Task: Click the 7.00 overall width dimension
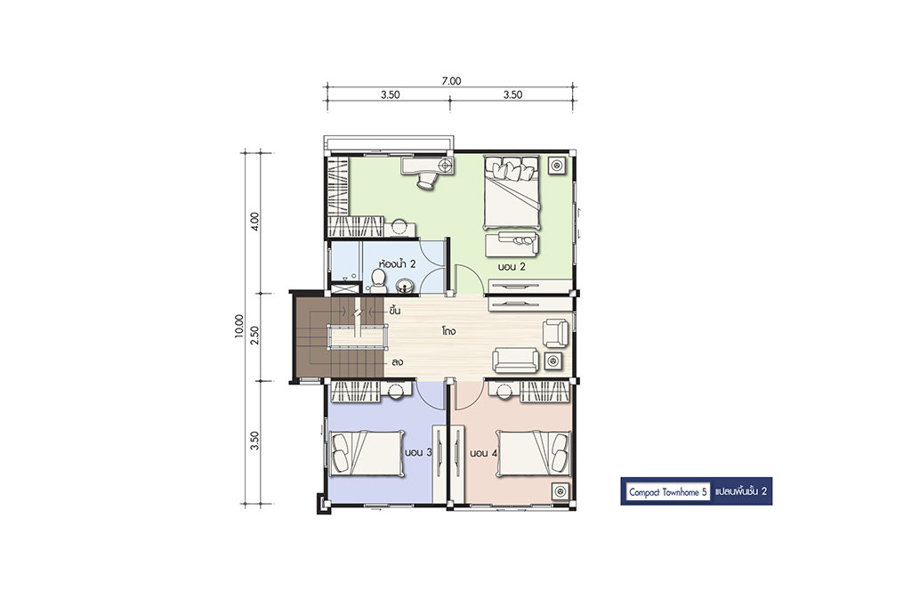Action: [451, 81]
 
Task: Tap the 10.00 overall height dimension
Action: [239, 327]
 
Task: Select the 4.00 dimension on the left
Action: [254, 221]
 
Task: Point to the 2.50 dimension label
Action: [254, 336]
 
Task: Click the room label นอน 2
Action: [512, 267]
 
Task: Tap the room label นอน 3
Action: [417, 453]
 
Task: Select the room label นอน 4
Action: [483, 453]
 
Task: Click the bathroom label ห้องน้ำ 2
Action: [397, 263]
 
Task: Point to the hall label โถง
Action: [448, 331]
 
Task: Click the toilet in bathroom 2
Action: [378, 280]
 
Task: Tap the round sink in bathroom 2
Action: [405, 286]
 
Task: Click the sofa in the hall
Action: [516, 360]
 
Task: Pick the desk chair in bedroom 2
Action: [425, 181]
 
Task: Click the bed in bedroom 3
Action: [367, 453]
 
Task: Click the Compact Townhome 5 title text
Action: [667, 492]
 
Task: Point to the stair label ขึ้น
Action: [395, 311]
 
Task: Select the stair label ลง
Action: [398, 361]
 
